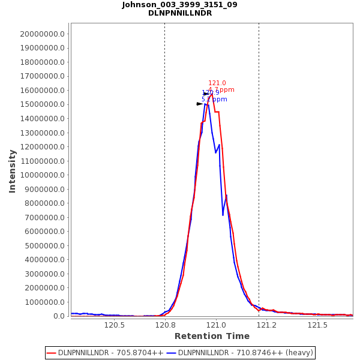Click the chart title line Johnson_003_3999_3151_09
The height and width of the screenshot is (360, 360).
point(179,5)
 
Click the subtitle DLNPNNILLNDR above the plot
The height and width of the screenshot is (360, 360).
point(179,13)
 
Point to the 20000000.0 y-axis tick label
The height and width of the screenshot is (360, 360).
point(42,34)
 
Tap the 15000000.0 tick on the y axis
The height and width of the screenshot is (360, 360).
point(42,105)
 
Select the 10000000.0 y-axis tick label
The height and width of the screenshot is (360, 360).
point(42,175)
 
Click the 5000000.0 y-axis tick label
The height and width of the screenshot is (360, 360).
point(44,246)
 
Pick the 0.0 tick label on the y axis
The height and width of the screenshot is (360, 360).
point(59,316)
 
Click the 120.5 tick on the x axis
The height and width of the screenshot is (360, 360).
point(114,325)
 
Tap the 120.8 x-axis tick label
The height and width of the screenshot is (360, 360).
point(165,325)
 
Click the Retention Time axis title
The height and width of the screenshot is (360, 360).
point(212,336)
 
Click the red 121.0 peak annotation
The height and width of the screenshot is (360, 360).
point(217,83)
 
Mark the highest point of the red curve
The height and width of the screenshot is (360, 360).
point(212,94)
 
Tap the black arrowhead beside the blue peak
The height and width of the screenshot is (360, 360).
point(200,104)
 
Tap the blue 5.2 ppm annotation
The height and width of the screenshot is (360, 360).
point(214,100)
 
